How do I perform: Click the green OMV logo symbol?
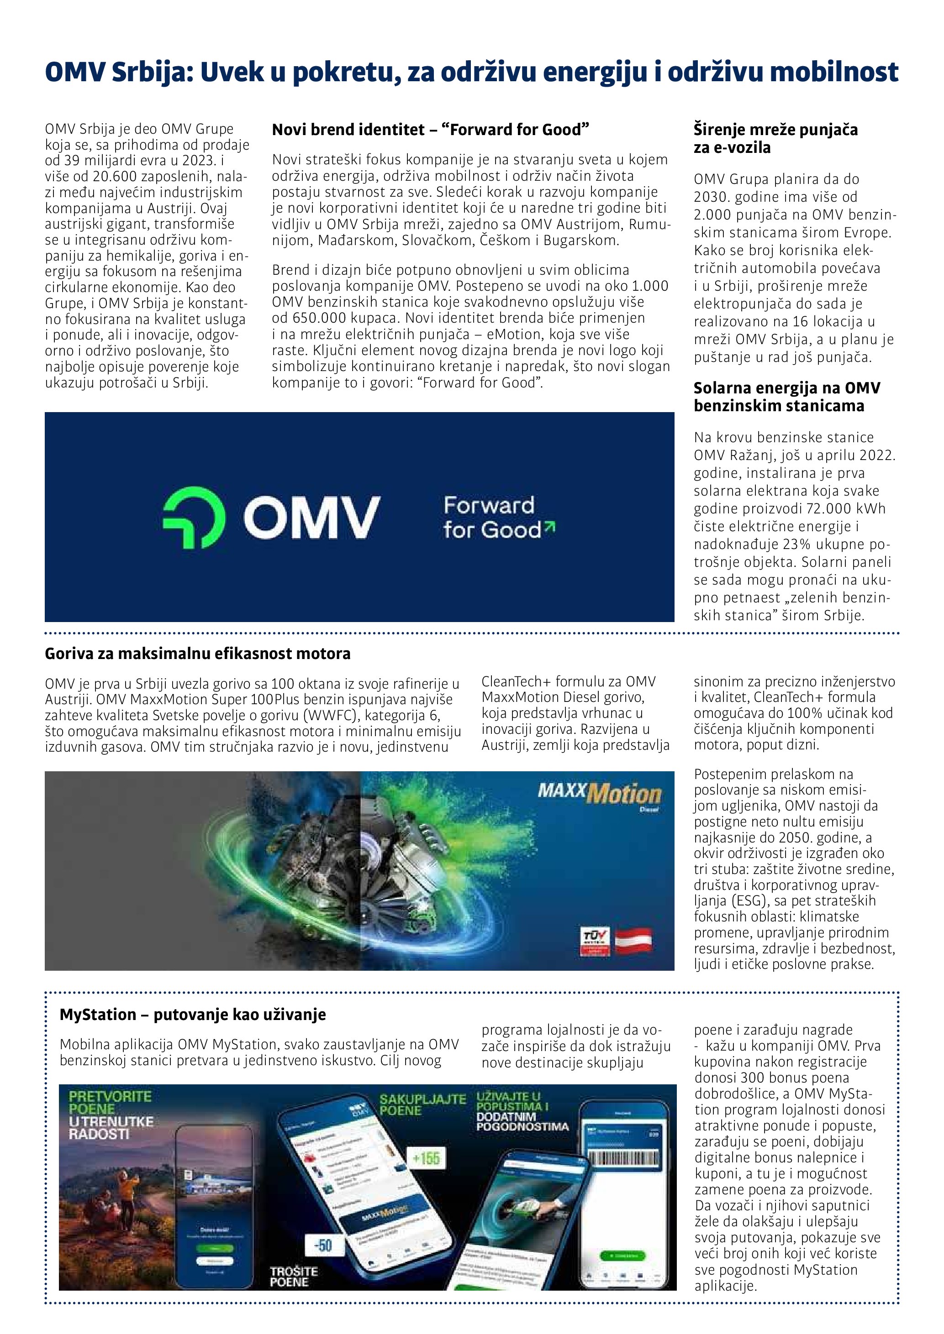(193, 517)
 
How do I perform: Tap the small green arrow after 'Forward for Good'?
(550, 526)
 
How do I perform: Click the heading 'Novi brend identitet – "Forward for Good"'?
(430, 130)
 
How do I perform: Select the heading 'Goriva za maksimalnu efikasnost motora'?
(198, 654)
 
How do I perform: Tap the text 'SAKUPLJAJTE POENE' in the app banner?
(422, 1104)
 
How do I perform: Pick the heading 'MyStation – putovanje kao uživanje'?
(192, 1015)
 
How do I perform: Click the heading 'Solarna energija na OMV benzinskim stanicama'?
(786, 397)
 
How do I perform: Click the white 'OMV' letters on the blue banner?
(311, 517)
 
